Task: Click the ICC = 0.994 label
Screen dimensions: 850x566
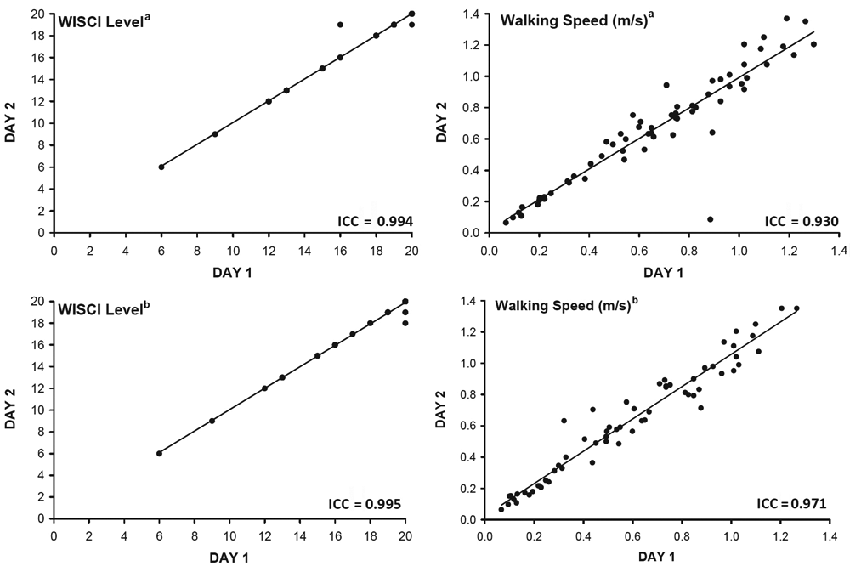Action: [x=375, y=221]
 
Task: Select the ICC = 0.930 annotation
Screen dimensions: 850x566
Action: [x=802, y=221]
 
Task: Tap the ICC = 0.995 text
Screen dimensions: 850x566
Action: [x=365, y=504]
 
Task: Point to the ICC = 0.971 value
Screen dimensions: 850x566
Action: [x=791, y=504]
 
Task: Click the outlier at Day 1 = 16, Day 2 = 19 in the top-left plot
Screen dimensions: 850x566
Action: [x=340, y=25]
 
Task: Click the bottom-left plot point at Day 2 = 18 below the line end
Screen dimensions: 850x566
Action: [x=405, y=323]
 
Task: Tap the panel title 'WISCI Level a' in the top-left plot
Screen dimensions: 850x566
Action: [x=105, y=23]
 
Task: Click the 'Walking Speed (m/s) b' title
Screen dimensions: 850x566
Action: [x=566, y=304]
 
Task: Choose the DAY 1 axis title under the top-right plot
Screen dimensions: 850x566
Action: [x=663, y=272]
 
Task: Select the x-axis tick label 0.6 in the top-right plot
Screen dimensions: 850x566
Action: [x=639, y=251]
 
